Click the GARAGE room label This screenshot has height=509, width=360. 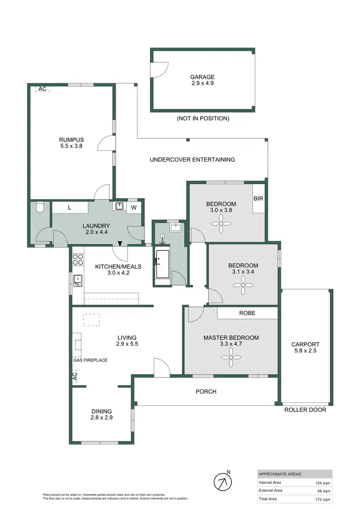coord(202,77)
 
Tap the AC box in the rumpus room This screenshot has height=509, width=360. coord(42,89)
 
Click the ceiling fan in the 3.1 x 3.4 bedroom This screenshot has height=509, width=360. coord(243,284)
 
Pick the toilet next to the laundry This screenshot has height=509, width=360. coord(40,208)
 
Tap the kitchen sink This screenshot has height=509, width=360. coord(77,279)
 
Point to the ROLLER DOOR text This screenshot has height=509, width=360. coord(305,410)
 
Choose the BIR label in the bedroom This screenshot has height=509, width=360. coord(258,198)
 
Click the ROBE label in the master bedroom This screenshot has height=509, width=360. coord(247,313)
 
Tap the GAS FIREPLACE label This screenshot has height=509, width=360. coord(90,360)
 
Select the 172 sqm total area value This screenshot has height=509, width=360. coord(324,499)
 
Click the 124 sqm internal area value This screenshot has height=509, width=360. coord(324,483)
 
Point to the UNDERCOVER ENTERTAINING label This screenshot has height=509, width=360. coord(192,160)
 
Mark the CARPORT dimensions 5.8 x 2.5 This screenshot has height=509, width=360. coord(305,351)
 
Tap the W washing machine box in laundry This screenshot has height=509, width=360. coord(134,207)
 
